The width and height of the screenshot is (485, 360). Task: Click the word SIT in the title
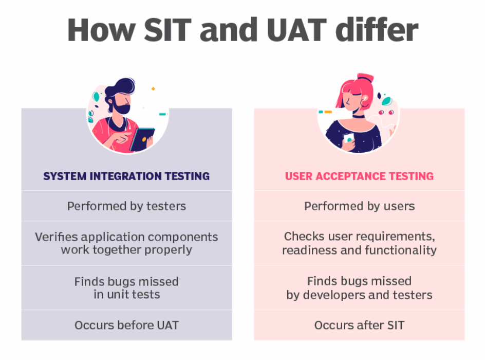coord(168,30)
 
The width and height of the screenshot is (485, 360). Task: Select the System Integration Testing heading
coord(126,176)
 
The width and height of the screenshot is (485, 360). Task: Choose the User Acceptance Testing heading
coord(359,176)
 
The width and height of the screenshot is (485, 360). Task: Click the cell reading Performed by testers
coord(126,206)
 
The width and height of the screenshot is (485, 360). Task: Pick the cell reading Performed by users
coord(360,206)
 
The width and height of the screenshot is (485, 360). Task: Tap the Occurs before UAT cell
coord(126,326)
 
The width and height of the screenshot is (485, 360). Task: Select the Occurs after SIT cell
coord(360,326)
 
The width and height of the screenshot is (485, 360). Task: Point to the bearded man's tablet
coord(142,139)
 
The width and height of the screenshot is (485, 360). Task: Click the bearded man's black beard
coord(121,107)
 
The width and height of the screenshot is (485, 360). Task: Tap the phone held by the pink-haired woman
coord(348,138)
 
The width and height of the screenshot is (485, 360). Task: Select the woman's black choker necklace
coord(359,116)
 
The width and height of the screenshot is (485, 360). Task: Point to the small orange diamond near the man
coord(153,89)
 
